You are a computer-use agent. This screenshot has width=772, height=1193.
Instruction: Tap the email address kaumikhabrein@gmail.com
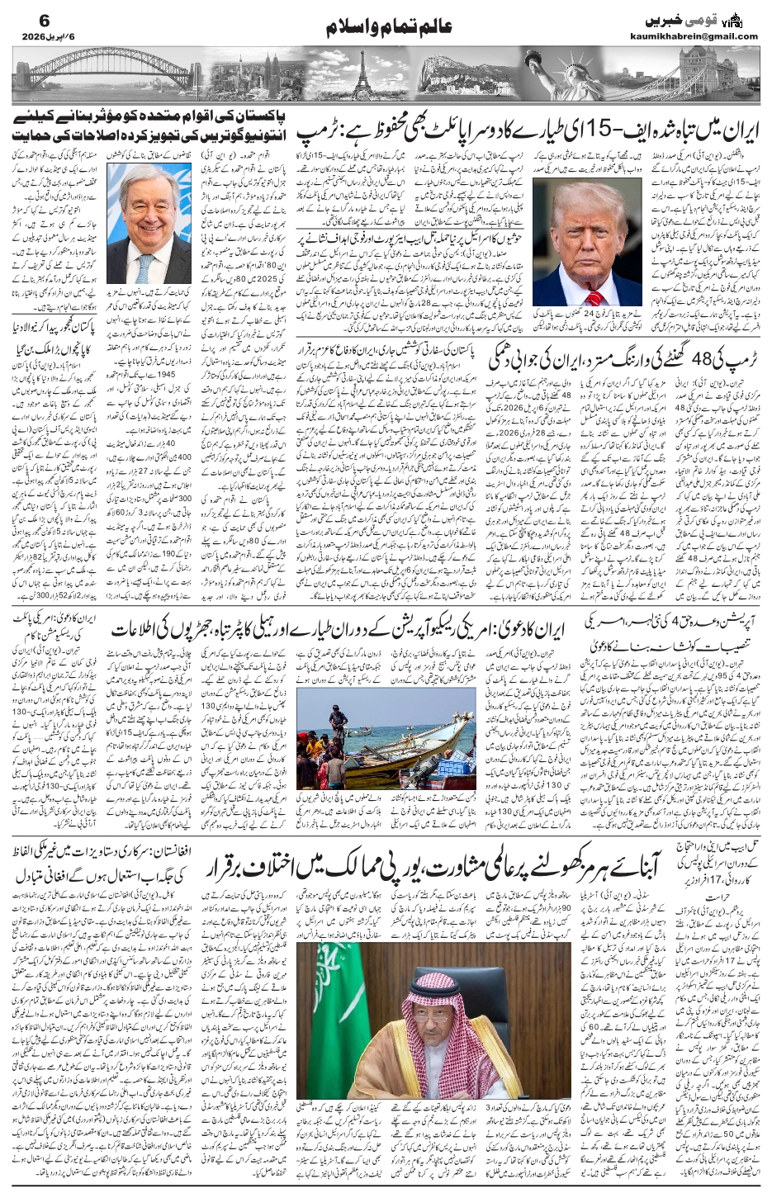[x=704, y=36]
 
